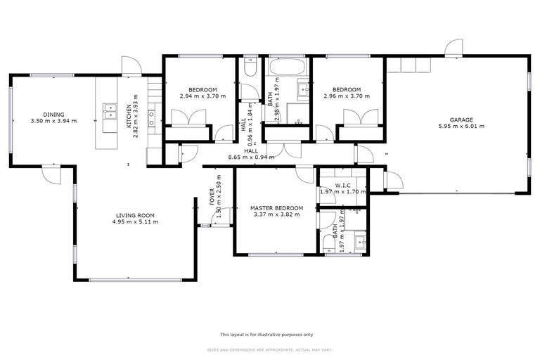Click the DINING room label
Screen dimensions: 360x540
tap(53, 115)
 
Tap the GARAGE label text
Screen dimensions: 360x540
tap(461, 120)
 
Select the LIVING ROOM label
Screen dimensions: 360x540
tap(134, 215)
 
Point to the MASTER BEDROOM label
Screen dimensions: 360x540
tap(276, 208)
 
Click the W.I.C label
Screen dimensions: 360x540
tap(343, 186)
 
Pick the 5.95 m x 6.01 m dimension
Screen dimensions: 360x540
tap(461, 127)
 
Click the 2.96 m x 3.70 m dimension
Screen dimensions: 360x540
tap(347, 96)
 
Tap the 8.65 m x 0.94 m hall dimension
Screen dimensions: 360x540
tap(250, 157)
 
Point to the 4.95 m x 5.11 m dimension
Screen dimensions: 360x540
tap(134, 222)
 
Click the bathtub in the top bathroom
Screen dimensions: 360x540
tap(286, 69)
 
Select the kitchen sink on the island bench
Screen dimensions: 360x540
tap(110, 110)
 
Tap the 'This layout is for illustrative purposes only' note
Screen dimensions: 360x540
tap(266, 335)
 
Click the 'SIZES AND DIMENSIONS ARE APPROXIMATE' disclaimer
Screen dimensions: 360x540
tap(266, 349)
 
